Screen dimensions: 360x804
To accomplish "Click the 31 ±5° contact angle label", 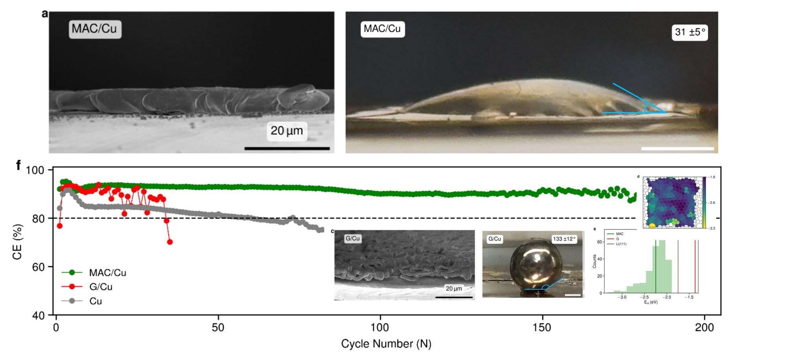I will click(690, 32).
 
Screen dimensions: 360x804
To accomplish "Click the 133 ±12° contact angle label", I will click(564, 239).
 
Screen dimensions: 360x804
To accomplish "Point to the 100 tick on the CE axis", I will click(35, 170).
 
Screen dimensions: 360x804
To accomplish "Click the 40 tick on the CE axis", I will click(38, 315).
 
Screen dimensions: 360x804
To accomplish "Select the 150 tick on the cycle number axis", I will click(542, 327).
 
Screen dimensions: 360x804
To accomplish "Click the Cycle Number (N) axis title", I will click(386, 344).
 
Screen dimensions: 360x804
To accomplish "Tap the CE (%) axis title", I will click(17, 242).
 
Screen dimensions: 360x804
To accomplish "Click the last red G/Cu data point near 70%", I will click(170, 242).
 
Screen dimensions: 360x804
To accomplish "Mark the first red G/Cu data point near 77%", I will click(60, 226).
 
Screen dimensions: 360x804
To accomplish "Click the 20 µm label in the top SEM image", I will click(287, 131).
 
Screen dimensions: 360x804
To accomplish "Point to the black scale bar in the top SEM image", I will click(287, 148).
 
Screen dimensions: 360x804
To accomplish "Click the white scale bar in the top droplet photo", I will click(677, 148).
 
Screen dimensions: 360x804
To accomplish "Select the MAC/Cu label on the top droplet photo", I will click(382, 29).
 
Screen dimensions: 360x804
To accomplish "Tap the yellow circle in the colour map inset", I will click(652, 226).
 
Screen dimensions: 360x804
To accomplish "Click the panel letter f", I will click(18, 165).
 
